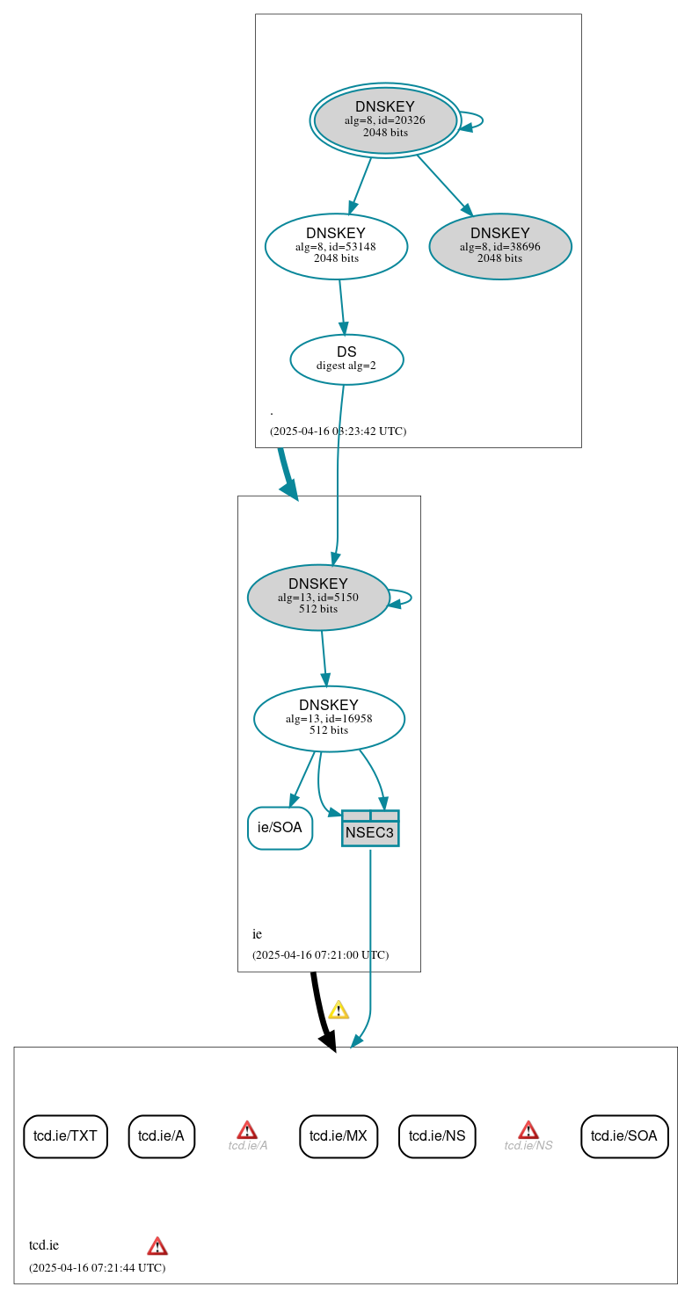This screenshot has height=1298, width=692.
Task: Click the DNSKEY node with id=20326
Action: [385, 120]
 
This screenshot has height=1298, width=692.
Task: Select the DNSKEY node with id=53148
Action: [336, 246]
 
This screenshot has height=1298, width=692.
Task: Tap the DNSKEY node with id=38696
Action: [499, 246]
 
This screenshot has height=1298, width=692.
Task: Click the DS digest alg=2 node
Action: [346, 359]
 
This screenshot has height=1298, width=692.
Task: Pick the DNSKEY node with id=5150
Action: [318, 597]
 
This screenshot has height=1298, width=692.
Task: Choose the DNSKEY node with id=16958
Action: [329, 718]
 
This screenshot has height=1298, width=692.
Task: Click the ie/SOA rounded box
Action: [280, 828]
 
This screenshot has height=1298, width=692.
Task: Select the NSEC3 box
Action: [370, 829]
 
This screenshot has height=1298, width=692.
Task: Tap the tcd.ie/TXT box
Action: [65, 1136]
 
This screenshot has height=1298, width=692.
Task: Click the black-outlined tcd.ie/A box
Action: [162, 1136]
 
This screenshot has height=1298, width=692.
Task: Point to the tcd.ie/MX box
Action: [339, 1136]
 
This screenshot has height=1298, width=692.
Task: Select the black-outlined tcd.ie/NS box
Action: [437, 1136]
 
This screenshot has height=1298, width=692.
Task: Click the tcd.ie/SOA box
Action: [624, 1136]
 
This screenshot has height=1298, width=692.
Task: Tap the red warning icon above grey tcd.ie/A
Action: [247, 1129]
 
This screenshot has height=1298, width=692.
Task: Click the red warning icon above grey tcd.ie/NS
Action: [528, 1129]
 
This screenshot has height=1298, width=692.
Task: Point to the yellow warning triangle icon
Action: [339, 1010]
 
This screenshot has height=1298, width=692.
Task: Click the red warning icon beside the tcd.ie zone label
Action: [157, 1245]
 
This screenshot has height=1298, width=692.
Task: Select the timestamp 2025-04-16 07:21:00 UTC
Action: [320, 954]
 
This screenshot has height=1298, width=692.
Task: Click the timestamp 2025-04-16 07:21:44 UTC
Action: [97, 1267]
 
